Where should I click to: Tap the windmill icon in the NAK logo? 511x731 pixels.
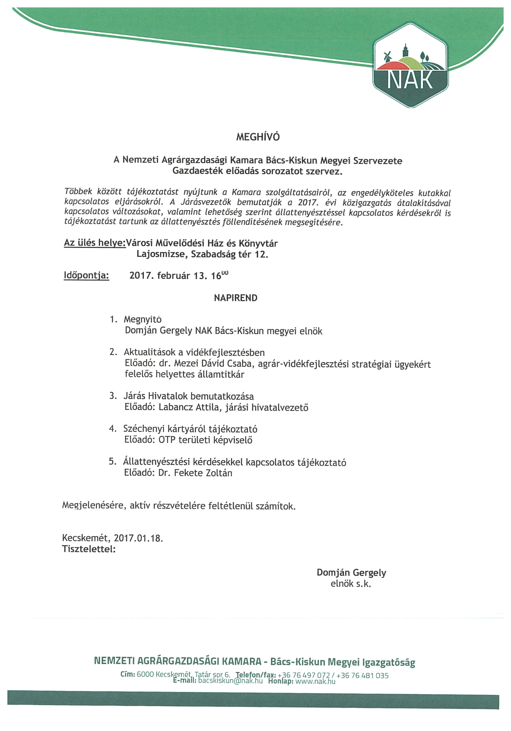pyautogui.click(x=387, y=56)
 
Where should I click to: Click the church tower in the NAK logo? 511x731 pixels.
pyautogui.click(x=405, y=51)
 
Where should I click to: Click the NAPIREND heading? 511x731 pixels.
pyautogui.click(x=236, y=298)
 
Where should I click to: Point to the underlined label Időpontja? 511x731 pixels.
pyautogui.click(x=86, y=275)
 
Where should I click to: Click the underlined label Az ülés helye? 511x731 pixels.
pyautogui.click(x=95, y=243)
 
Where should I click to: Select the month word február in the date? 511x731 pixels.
pyautogui.click(x=173, y=275)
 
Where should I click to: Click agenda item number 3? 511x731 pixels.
pyautogui.click(x=112, y=396)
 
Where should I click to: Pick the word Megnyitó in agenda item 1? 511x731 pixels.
pyautogui.click(x=143, y=319)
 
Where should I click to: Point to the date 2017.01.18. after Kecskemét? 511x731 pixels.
pyautogui.click(x=139, y=538)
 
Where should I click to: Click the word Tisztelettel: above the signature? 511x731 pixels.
pyautogui.click(x=89, y=549)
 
